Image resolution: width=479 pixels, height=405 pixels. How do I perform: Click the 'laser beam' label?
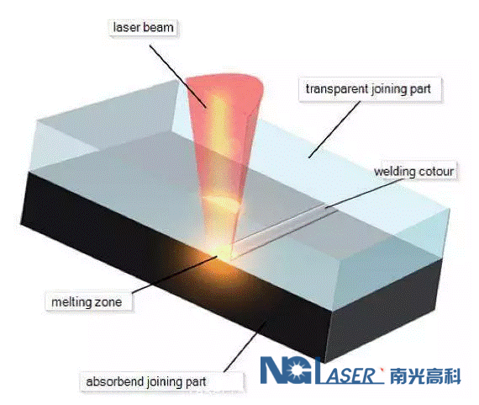click(x=143, y=28)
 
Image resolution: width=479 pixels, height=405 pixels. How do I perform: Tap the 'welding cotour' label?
click(x=414, y=172)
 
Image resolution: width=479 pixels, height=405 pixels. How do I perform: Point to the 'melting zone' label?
click(x=87, y=302)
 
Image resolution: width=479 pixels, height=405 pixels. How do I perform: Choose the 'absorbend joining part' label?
click(x=146, y=381)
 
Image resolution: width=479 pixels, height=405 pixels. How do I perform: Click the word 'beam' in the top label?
click(x=158, y=28)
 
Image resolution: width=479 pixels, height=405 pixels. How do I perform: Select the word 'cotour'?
click(x=436, y=172)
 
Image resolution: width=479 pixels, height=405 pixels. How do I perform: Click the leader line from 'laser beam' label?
click(x=178, y=77)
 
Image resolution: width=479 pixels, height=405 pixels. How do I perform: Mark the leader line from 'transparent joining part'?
click(x=334, y=130)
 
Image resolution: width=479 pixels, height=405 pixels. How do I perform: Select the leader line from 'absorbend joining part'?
click(x=245, y=347)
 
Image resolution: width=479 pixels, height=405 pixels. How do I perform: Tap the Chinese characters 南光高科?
click(x=425, y=376)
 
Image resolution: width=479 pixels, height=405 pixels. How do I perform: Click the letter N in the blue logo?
click(x=273, y=370)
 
